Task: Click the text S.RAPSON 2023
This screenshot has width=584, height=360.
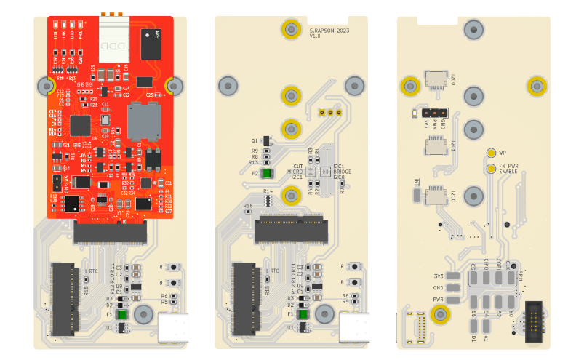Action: (329, 31)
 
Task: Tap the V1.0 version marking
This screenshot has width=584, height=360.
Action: (315, 36)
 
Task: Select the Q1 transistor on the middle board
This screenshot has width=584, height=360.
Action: (266, 140)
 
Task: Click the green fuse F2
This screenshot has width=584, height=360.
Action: (267, 174)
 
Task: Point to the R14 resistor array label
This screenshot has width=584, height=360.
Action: (268, 191)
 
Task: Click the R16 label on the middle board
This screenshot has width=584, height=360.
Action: (248, 206)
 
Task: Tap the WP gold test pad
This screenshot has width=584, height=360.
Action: (491, 153)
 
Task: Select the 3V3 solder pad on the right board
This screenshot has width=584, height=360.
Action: (454, 276)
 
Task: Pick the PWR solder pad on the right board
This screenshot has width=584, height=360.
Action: (454, 299)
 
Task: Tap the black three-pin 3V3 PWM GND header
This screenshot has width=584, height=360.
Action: (433, 113)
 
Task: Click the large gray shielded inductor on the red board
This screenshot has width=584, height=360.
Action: (144, 121)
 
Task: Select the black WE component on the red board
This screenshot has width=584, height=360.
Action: (151, 44)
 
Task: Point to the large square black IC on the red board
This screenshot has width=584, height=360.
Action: (81, 125)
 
